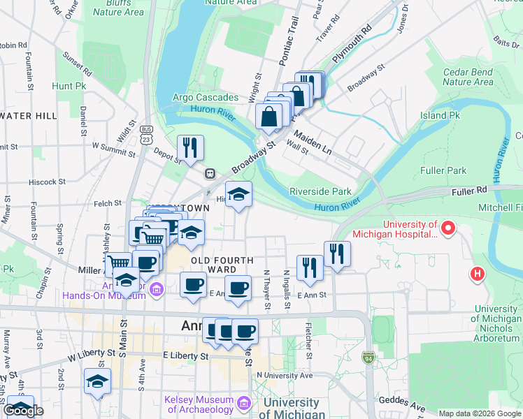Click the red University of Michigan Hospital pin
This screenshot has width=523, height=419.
tap(448, 228)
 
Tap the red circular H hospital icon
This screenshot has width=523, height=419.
tap(478, 274)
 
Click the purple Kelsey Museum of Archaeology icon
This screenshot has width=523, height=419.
tap(243, 404)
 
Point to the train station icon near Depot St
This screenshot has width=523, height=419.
tap(209, 173)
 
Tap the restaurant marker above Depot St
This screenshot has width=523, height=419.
tap(190, 147)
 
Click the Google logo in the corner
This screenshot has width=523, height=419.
tap(23, 411)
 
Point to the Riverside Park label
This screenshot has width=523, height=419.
tap(320, 191)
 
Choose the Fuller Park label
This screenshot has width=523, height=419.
tap(443, 170)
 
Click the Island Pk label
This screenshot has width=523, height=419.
tap(440, 115)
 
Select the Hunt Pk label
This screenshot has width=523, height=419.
tap(69, 86)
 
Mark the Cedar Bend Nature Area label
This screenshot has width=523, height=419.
tap(468, 77)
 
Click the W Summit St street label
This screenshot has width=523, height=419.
tap(115, 147)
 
